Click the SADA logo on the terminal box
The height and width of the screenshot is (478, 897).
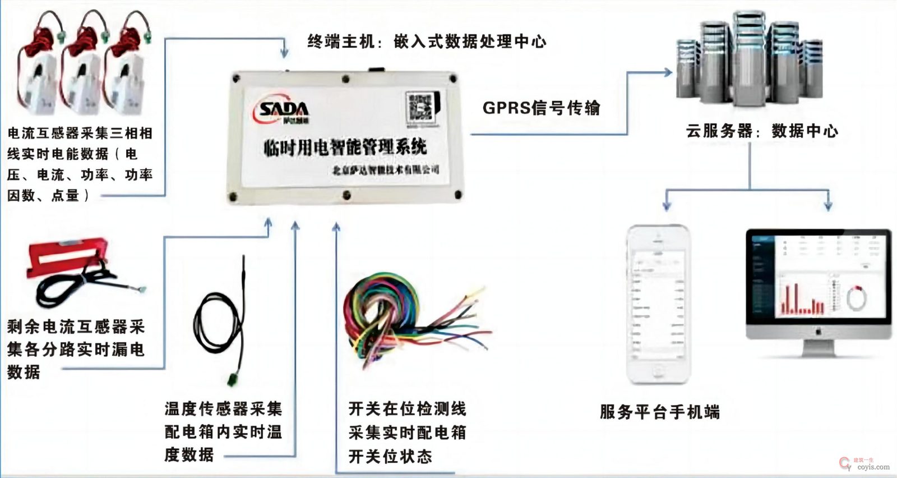[283, 110]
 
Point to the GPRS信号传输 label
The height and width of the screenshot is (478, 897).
[541, 108]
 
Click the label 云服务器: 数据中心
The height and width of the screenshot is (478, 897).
[762, 131]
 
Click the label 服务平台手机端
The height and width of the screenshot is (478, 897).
[659, 412]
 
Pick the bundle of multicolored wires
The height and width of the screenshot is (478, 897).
[404, 320]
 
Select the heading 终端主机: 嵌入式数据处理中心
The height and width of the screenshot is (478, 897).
[427, 42]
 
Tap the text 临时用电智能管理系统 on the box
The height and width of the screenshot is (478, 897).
[345, 148]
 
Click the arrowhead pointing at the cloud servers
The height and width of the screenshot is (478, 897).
[667, 72]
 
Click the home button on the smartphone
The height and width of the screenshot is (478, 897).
[657, 372]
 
